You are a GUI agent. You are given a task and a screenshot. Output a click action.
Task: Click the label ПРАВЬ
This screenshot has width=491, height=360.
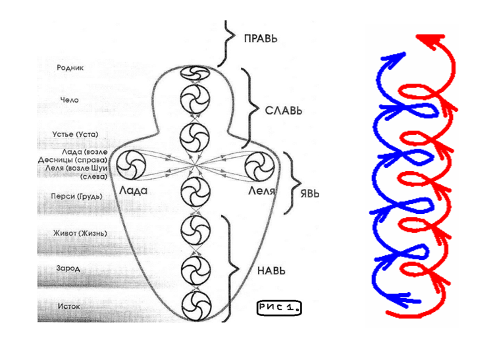261,39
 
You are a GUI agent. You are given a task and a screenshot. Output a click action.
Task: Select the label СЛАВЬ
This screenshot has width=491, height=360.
284,110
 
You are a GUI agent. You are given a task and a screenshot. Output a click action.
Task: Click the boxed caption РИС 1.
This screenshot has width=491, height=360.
278,307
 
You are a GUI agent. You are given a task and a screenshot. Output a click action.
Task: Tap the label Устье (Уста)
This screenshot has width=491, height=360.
75,134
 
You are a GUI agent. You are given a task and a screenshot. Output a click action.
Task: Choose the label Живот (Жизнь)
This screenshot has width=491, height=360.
80,233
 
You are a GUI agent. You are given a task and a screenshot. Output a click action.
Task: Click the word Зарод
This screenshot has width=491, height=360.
70,268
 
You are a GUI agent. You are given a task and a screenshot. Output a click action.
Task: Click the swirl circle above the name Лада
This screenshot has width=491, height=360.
130,164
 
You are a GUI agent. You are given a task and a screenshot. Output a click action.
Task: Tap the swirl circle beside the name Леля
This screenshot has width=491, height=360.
257,165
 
